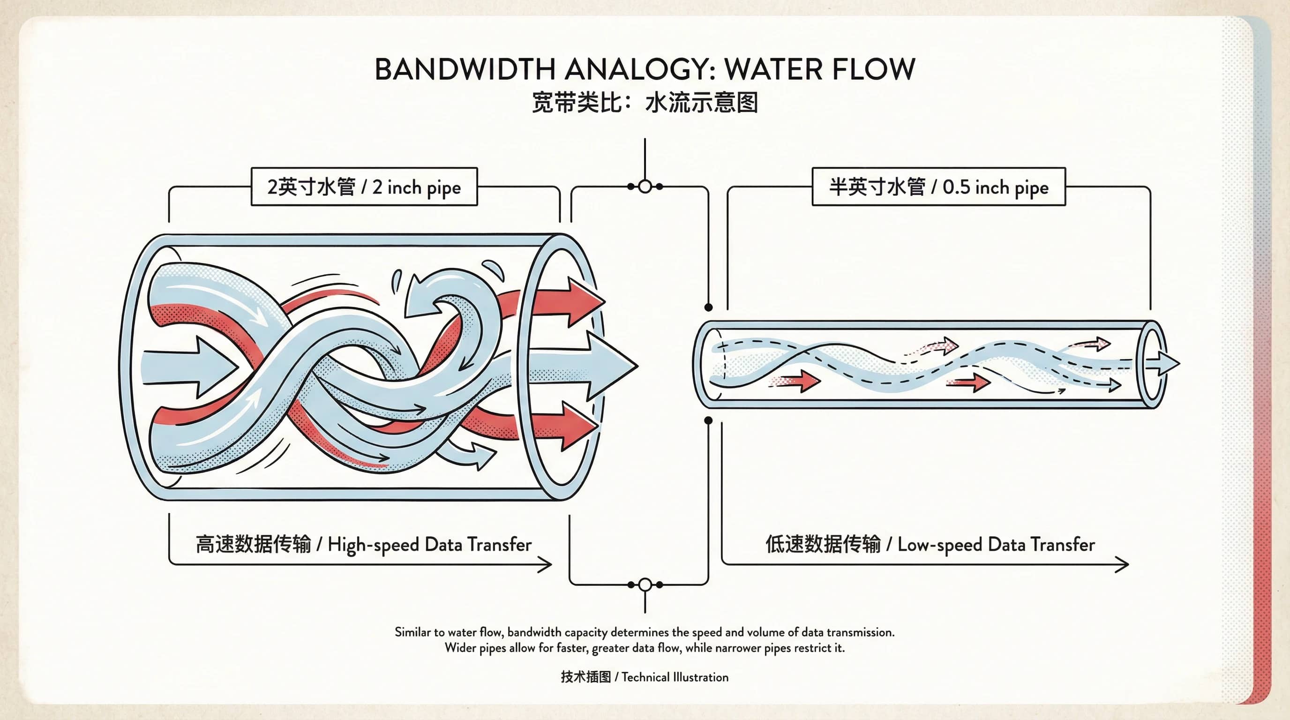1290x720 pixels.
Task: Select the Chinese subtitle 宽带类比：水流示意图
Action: (x=645, y=103)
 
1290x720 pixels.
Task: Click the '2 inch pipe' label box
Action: (x=364, y=187)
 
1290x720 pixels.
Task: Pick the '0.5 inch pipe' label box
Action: (x=938, y=187)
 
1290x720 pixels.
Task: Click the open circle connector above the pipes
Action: (x=645, y=186)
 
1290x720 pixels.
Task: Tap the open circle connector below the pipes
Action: (x=645, y=585)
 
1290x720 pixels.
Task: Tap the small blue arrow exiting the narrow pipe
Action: (x=1166, y=363)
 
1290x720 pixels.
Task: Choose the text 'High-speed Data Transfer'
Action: (x=429, y=544)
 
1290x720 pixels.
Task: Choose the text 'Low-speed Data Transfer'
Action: (x=996, y=544)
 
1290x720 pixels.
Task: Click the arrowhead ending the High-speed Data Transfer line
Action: (x=545, y=565)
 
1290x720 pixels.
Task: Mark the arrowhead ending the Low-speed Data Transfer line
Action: (x=1122, y=565)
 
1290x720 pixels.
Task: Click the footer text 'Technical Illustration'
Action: (x=675, y=677)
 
